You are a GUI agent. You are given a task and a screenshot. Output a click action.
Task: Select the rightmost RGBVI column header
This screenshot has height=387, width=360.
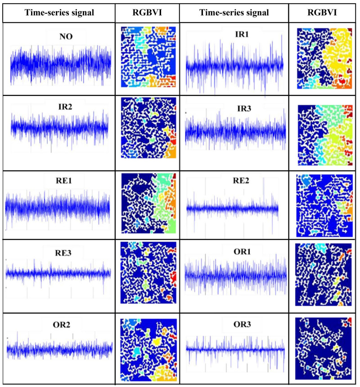click(x=323, y=13)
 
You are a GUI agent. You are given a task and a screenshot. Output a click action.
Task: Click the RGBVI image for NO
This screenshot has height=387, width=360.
click(x=147, y=57)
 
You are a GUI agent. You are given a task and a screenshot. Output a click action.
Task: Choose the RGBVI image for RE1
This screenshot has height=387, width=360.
click(x=147, y=202)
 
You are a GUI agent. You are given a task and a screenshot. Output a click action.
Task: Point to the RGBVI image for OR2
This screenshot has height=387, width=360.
click(x=147, y=350)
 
